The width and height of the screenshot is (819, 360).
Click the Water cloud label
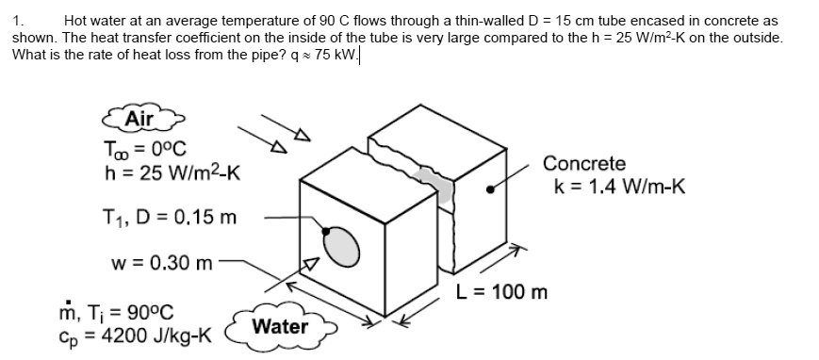coord(281,327)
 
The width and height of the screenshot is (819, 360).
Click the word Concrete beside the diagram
coord(584,164)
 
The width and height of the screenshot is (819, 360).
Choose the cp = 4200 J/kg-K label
coord(136,335)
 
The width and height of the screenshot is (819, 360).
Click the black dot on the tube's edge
coord(325,229)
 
